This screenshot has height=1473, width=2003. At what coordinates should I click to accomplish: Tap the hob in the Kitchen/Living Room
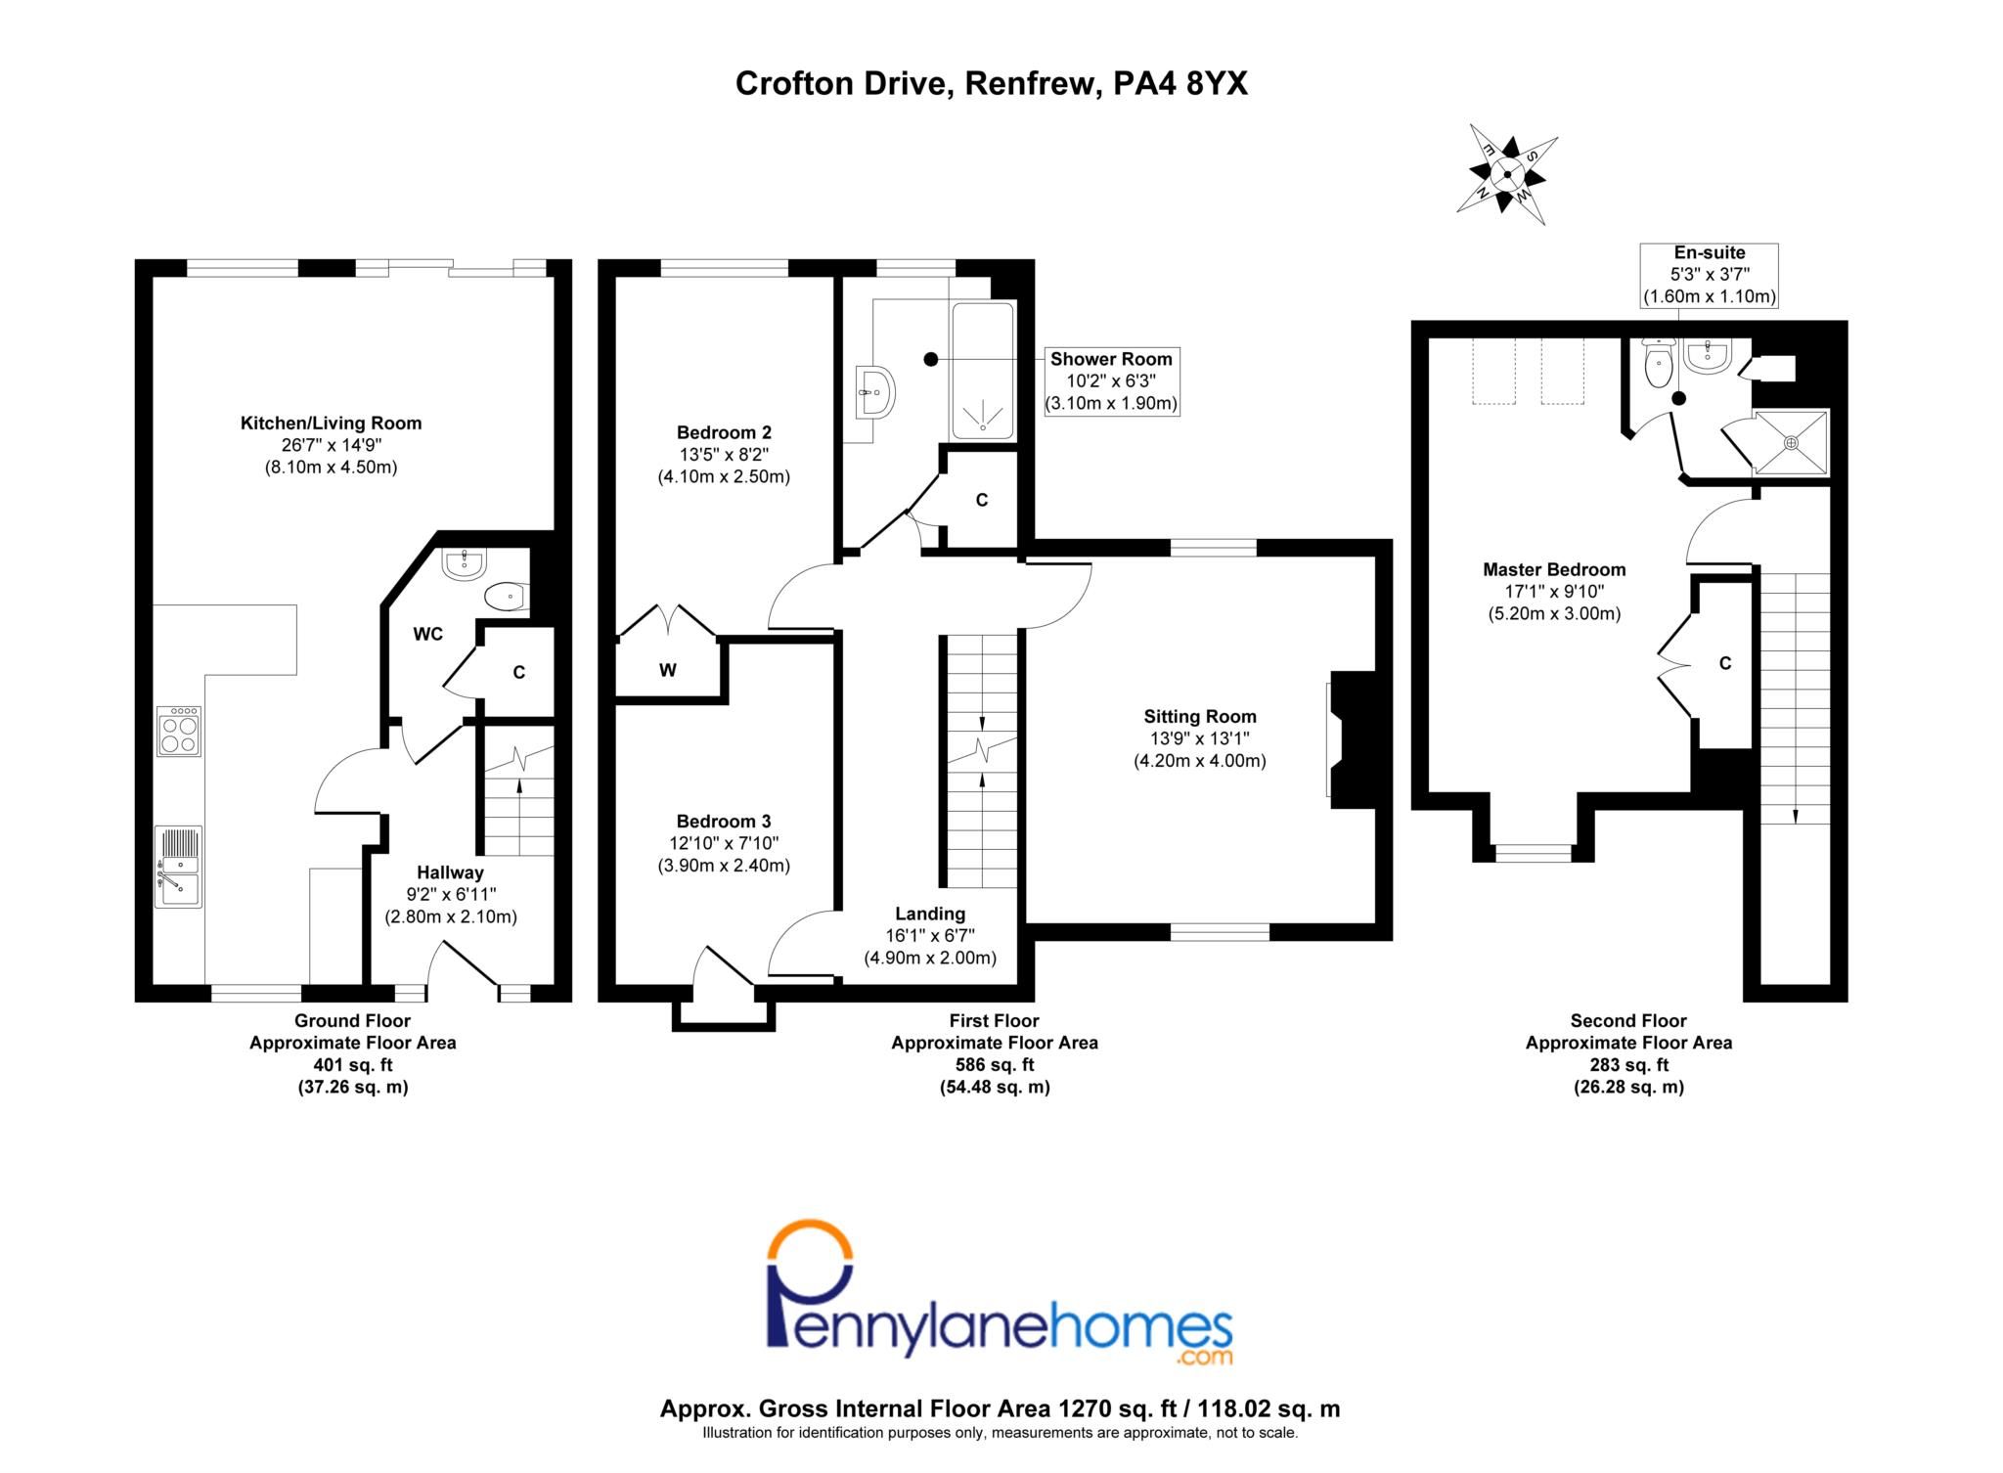(179, 732)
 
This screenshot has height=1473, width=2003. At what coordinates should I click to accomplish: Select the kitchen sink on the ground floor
(178, 870)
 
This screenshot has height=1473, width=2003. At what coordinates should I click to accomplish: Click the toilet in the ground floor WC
(506, 596)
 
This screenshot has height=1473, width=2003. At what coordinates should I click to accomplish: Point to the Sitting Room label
(1200, 716)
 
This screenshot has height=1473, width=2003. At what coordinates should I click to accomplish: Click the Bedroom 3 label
(724, 822)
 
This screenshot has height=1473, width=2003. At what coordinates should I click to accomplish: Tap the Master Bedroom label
(1554, 569)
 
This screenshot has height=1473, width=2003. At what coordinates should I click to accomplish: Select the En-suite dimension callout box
(1710, 275)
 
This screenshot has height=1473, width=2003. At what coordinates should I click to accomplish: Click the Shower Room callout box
(1111, 380)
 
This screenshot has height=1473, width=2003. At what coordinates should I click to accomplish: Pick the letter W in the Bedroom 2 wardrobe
(668, 670)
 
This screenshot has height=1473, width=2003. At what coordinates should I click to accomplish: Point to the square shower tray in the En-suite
(1791, 442)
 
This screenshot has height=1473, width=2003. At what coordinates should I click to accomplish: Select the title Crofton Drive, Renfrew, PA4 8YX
(991, 84)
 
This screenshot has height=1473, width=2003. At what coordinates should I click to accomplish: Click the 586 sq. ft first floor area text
(994, 1064)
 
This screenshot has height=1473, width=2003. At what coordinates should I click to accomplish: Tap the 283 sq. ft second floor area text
(1628, 1064)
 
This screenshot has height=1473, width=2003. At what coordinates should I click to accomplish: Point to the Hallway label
(450, 872)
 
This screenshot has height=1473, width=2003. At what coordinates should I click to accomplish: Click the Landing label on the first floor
(930, 914)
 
